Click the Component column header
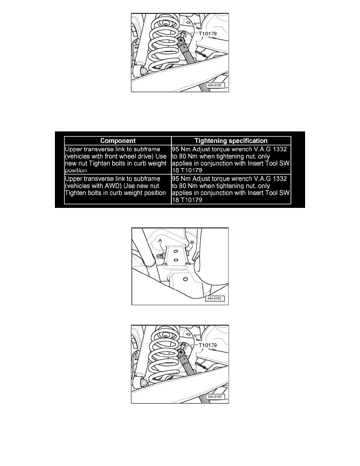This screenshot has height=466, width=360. [118, 140]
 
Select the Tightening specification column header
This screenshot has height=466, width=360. [231, 140]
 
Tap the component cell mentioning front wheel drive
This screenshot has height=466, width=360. [118, 160]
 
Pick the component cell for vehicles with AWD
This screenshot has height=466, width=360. [118, 189]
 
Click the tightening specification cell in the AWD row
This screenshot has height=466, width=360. [231, 189]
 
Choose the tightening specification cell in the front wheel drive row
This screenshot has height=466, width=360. [231, 160]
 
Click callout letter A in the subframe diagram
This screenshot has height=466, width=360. [160, 240]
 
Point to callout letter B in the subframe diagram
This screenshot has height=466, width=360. [192, 242]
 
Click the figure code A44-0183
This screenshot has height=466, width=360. [215, 299]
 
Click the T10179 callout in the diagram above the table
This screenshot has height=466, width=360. [207, 34]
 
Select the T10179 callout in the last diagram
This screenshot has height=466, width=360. [207, 345]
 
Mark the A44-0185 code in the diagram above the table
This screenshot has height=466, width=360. [215, 85]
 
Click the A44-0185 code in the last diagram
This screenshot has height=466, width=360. [215, 397]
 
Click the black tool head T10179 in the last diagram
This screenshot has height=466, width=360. [181, 352]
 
